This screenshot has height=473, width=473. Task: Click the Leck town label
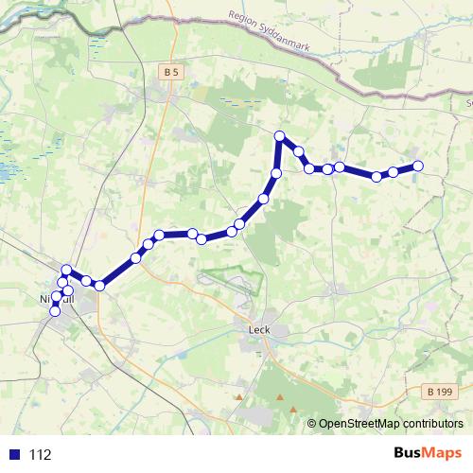point(258,330)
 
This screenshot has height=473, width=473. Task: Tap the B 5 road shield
point(170,72)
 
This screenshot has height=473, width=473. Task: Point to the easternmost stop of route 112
point(417,166)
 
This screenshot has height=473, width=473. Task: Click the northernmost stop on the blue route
point(280,136)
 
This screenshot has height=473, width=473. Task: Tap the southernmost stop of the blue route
point(55,310)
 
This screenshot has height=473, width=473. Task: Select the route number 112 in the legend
point(41,454)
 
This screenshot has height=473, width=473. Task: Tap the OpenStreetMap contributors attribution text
point(391,425)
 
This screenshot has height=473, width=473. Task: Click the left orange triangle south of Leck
point(239,397)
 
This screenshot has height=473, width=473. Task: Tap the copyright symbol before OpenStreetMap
point(312,425)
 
